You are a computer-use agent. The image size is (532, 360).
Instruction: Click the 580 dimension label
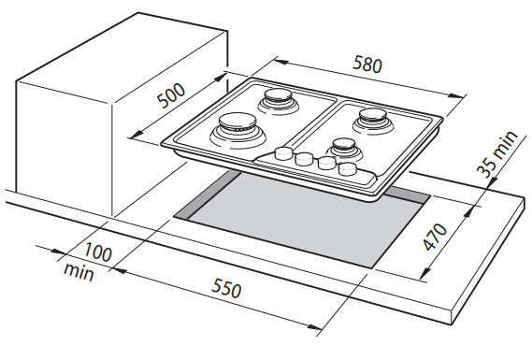(x=367, y=65)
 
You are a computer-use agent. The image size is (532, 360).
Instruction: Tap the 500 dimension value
(x=172, y=94)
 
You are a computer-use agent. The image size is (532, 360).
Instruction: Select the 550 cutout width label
(x=226, y=288)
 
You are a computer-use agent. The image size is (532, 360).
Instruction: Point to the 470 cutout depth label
(x=435, y=237)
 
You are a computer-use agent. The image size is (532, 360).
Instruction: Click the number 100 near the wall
(x=98, y=252)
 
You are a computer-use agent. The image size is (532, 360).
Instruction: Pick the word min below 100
(x=79, y=272)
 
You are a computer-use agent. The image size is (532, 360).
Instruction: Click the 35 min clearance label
(x=497, y=153)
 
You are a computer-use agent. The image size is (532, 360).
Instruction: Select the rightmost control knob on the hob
(x=348, y=168)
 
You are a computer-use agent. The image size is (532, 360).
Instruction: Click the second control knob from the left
(x=303, y=158)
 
